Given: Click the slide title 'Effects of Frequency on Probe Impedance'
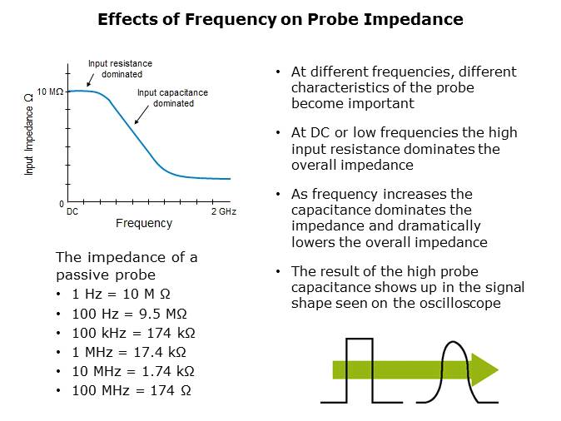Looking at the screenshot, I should point(280,19).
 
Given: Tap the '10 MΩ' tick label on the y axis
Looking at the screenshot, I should point(50,91).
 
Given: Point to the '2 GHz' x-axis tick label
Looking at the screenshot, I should point(224,211).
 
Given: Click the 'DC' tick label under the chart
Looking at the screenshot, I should point(72,211).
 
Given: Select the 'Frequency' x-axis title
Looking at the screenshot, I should point(143,223).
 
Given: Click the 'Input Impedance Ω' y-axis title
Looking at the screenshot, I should point(29,133).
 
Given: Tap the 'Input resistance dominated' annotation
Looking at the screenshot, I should point(120,68).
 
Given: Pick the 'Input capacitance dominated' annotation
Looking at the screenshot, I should point(172,98).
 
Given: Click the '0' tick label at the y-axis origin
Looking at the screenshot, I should point(61,204).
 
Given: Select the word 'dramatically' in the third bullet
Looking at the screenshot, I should point(439,225).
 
